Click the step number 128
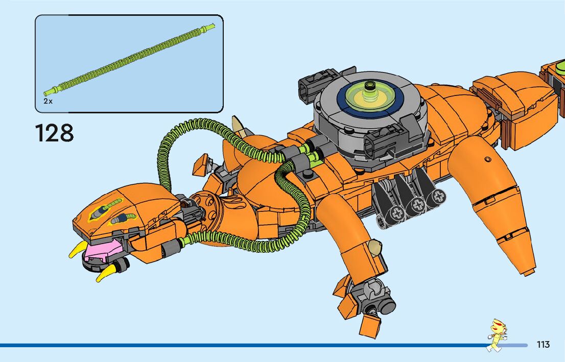[x=55, y=133]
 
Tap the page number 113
[x=543, y=345]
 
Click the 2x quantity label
[x=48, y=101]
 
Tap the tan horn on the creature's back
[x=238, y=125]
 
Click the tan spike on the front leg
[x=376, y=248]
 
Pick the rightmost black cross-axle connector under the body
[x=438, y=197]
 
